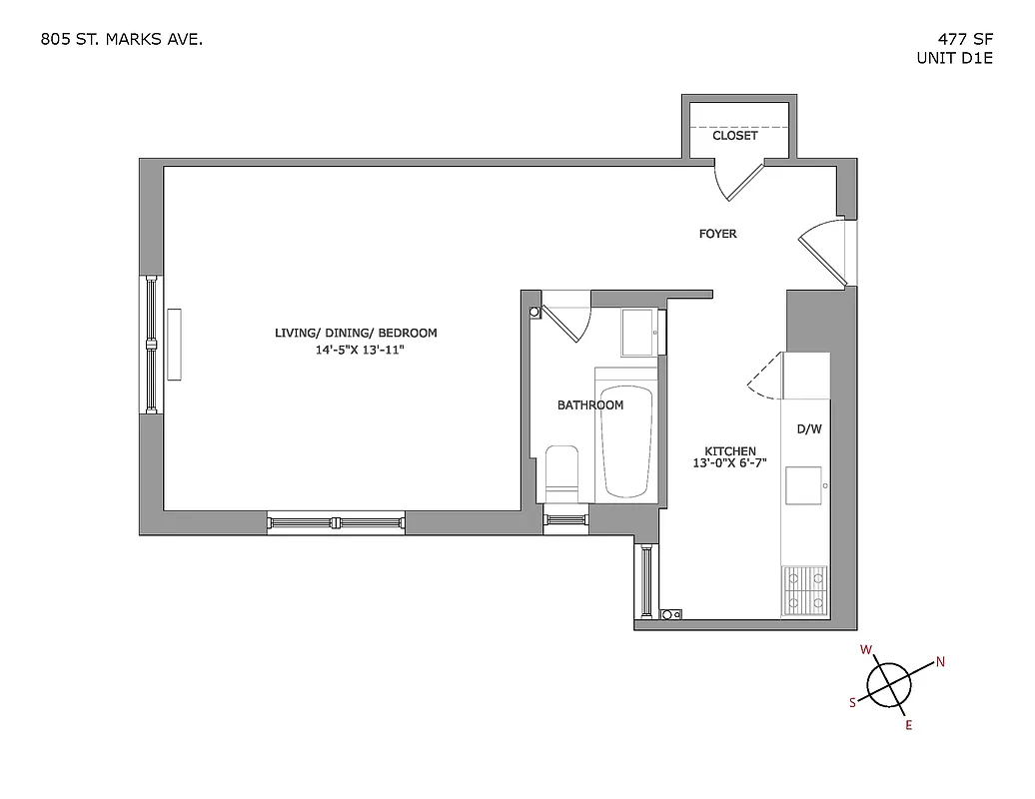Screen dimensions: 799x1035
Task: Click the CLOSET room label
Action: click(734, 135)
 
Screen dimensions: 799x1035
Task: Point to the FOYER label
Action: click(717, 234)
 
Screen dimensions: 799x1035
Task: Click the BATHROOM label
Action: click(590, 404)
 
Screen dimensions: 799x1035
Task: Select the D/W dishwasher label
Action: click(808, 429)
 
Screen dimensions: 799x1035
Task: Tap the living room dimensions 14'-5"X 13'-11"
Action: click(357, 351)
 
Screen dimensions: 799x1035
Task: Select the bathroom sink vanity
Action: click(638, 333)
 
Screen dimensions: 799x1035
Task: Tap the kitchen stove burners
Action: click(804, 588)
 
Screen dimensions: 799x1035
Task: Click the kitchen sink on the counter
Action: click(803, 484)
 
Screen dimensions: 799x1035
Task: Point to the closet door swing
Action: click(739, 179)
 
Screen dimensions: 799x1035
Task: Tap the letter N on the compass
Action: click(939, 661)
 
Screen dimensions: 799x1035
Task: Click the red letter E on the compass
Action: click(908, 726)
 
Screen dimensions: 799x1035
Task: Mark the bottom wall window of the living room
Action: click(336, 521)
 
